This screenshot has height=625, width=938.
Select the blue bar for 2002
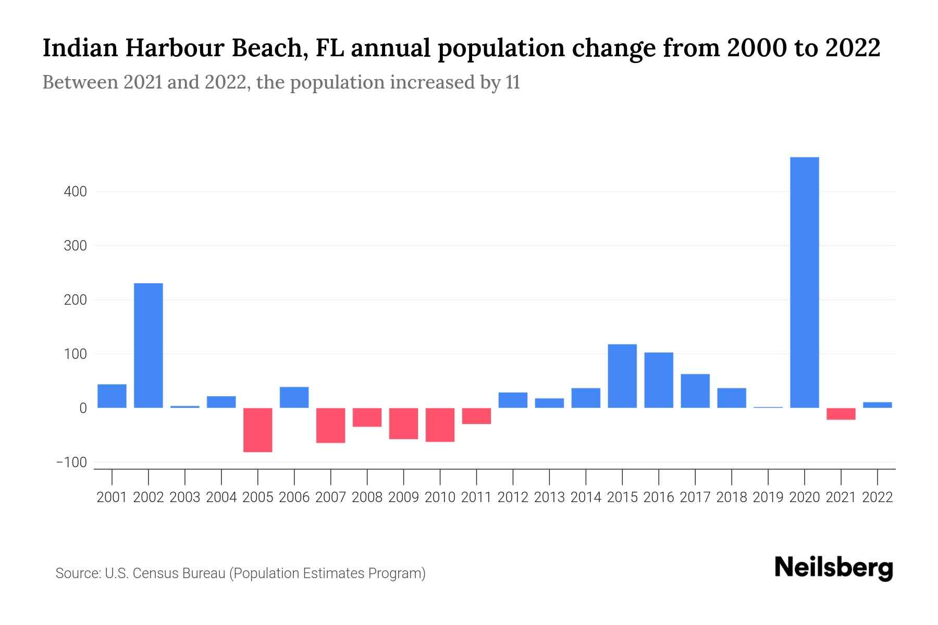point(149,345)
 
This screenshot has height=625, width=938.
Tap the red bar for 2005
point(258,430)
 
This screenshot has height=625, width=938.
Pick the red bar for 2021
point(841,414)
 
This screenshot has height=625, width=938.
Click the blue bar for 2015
point(622,376)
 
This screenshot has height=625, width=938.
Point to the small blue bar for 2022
point(878,405)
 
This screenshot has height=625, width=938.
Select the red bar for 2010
point(440,424)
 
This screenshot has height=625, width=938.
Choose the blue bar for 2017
point(695,391)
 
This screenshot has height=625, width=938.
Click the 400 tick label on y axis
point(76,192)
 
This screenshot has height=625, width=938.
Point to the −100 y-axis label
point(72,463)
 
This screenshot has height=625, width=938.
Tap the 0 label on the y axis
point(83,408)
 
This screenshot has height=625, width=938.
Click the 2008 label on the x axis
point(367,497)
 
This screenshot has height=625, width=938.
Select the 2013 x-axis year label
point(549,497)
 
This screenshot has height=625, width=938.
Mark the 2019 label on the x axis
point(768,497)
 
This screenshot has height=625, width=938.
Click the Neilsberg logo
point(834,568)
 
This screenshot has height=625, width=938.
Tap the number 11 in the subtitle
point(513,83)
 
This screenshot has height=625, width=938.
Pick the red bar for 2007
point(331,425)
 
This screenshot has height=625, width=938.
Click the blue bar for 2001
point(112,396)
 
